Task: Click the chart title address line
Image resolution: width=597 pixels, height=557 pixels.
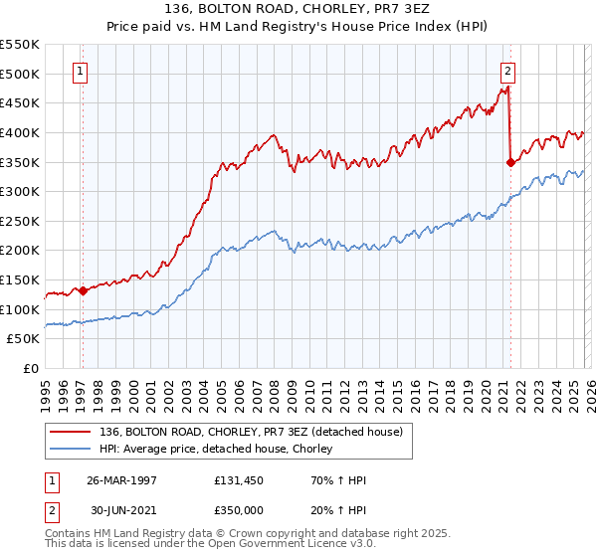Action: (x=298, y=9)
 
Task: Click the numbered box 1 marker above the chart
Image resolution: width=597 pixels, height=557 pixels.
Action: (x=79, y=71)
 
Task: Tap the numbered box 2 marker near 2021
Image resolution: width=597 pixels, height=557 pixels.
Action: (x=508, y=71)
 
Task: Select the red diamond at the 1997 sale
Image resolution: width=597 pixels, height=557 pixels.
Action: (x=83, y=290)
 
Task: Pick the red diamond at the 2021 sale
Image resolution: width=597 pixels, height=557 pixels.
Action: (x=511, y=162)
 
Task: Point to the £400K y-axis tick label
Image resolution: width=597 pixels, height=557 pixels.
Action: (x=21, y=132)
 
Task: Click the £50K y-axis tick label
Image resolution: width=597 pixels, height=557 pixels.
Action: (x=25, y=339)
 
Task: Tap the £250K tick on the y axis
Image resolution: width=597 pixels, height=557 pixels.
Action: (x=21, y=221)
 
